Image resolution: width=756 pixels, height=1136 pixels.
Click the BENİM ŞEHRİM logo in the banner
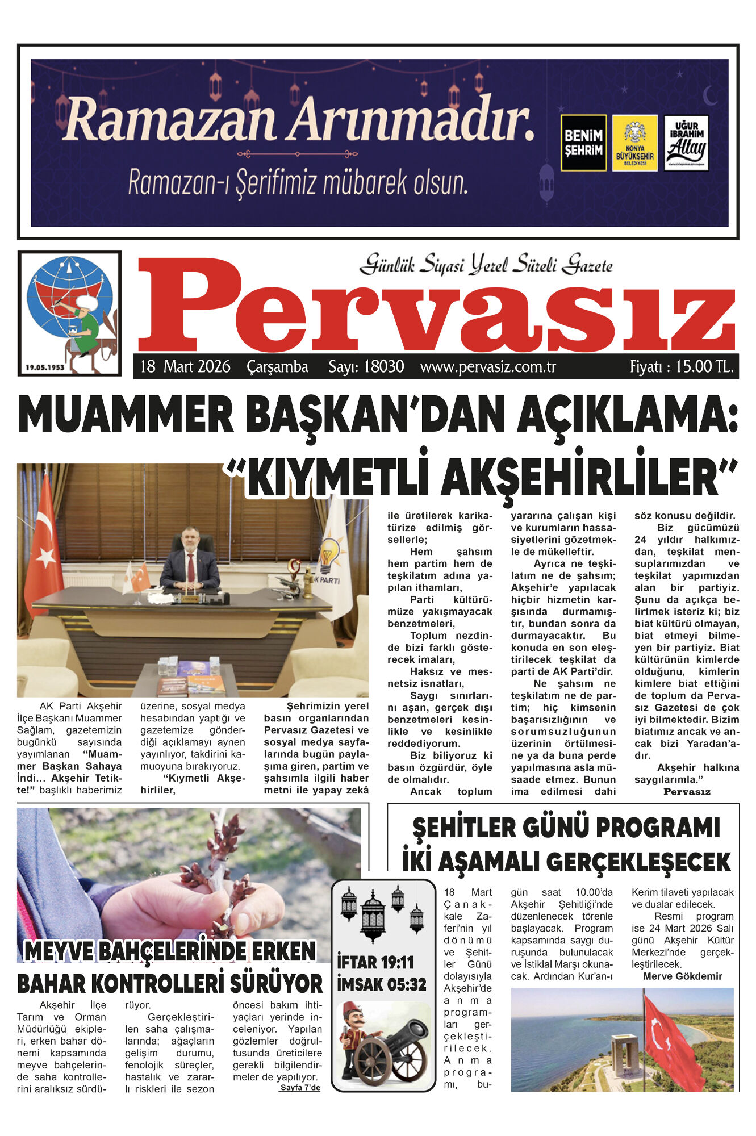[x=583, y=143]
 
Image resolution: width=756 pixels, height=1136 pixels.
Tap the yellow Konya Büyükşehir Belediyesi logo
[x=634, y=143]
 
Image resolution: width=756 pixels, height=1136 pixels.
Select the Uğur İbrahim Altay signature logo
[x=686, y=143]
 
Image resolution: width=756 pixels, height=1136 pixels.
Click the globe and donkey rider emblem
[x=70, y=310]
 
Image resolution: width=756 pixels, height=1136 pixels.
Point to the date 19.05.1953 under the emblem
[x=45, y=367]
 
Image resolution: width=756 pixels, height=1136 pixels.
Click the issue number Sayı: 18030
[x=366, y=366]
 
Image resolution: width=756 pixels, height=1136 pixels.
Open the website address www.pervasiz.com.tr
[x=488, y=366]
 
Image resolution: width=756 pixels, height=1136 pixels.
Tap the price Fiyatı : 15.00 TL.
[x=682, y=366]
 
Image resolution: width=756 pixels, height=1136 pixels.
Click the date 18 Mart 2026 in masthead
[x=185, y=366]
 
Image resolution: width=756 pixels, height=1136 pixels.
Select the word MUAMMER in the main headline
[x=126, y=415]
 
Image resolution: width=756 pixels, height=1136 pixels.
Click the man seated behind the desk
[x=190, y=562]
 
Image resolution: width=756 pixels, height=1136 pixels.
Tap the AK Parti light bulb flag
[x=332, y=562]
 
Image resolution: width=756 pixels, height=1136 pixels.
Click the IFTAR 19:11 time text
[x=375, y=962]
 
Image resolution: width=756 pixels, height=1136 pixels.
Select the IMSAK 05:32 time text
[x=381, y=984]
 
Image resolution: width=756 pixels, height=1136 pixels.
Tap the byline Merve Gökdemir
[x=682, y=976]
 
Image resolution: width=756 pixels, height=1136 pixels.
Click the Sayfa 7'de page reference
[x=300, y=1088]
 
